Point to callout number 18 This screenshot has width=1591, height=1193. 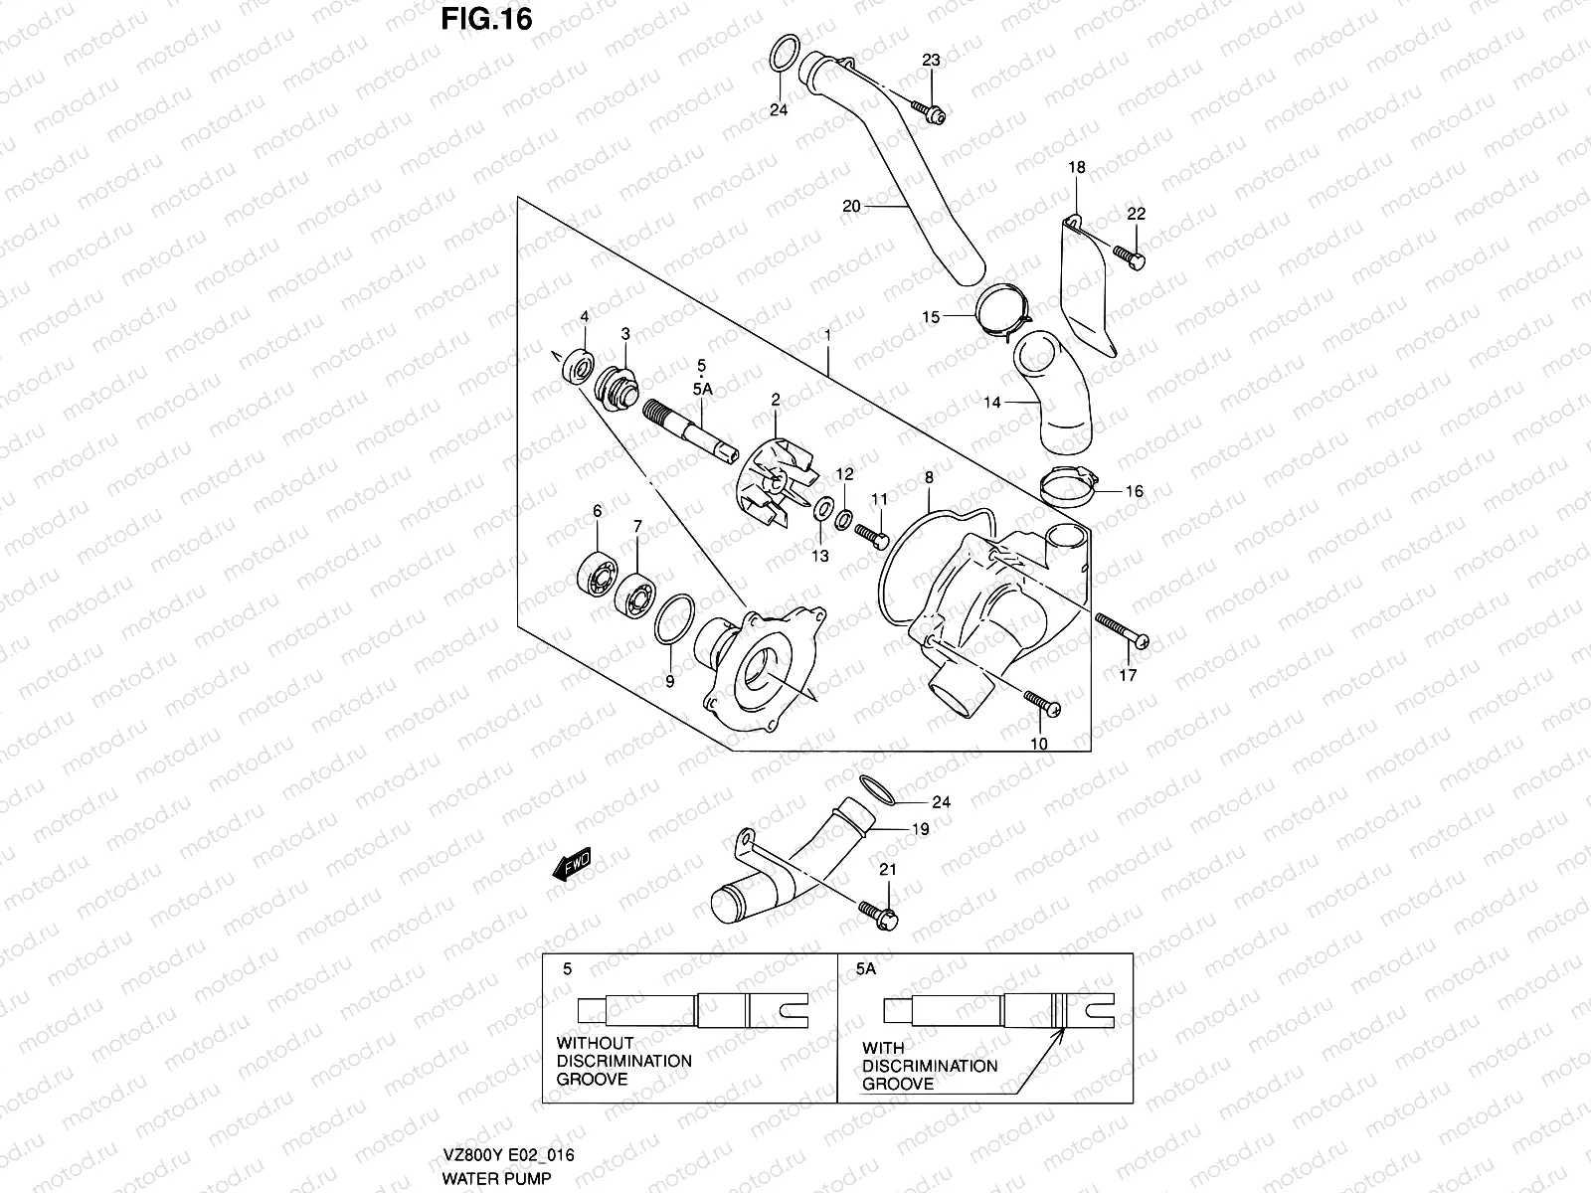click(1078, 167)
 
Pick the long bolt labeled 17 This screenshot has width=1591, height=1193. click(1122, 630)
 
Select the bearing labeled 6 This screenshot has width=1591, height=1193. click(596, 572)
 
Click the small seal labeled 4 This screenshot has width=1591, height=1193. click(578, 365)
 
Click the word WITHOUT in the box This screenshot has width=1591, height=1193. click(595, 1043)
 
